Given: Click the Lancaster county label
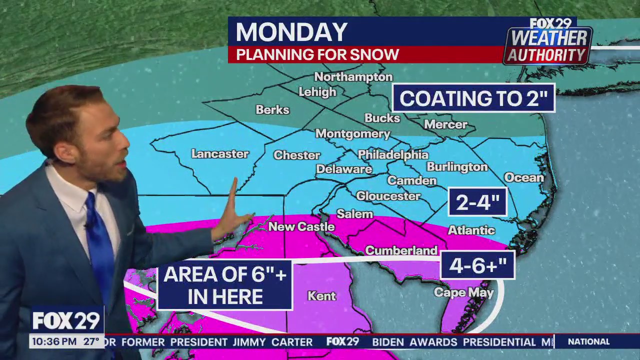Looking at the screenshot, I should click(220, 154).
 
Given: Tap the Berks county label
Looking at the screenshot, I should click(272, 109).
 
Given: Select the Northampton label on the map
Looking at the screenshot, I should click(353, 77).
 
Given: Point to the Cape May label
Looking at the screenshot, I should click(463, 292).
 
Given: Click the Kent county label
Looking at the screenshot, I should click(321, 296).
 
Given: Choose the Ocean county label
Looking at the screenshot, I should click(523, 177).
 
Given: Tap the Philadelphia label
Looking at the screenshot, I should click(393, 154).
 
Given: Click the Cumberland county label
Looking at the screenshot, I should click(401, 250).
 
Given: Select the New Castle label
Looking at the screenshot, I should click(301, 226).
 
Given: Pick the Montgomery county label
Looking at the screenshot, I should click(352, 133).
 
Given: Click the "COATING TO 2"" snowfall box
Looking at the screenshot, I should click(473, 98).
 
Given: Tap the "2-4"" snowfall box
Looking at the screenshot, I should click(477, 202).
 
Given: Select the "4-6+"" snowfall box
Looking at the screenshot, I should click(477, 265).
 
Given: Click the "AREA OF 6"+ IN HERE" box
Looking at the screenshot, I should click(224, 285).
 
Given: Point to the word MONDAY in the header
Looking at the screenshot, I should click(291, 32).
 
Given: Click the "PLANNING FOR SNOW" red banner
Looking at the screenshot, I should click(317, 55).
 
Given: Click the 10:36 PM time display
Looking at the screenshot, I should click(54, 342).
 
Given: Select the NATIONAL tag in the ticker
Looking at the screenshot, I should click(588, 342).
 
